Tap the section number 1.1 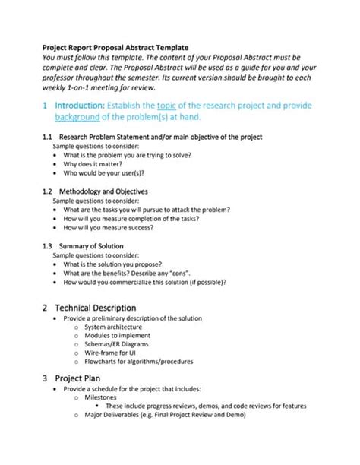(47, 138)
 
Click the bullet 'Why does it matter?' (99, 164)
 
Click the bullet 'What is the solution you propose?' (115, 264)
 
